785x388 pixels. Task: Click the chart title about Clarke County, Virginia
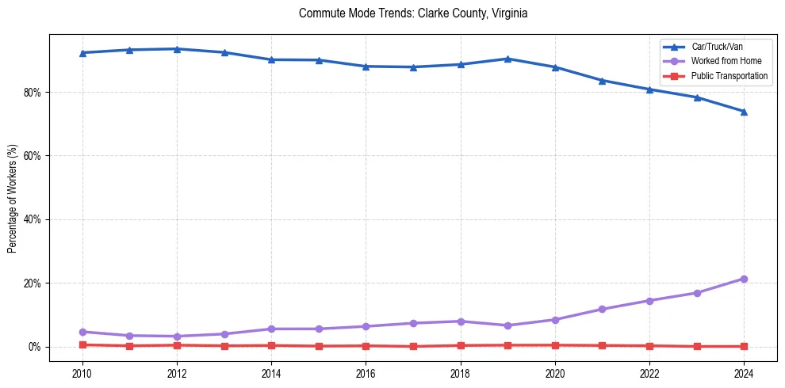(x=413, y=13)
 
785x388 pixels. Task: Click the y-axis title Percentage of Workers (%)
(x=13, y=198)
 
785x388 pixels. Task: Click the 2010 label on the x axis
(x=82, y=373)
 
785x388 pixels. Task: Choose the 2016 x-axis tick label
(x=366, y=373)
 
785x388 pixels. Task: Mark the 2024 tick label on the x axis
(x=744, y=373)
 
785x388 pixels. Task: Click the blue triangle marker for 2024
(x=744, y=112)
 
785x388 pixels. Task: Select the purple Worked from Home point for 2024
(x=744, y=279)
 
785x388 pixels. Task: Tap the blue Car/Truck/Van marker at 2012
(x=177, y=49)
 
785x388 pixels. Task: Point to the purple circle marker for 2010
(x=82, y=332)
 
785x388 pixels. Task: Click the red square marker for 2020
(x=555, y=345)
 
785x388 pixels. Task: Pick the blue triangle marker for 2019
(x=507, y=59)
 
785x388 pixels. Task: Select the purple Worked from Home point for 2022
(x=649, y=301)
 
